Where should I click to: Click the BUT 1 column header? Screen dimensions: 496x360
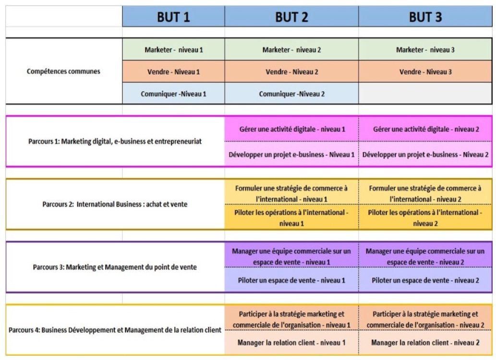(173, 16)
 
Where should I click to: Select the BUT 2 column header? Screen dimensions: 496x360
(291, 16)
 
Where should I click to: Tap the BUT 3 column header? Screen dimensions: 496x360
(425, 16)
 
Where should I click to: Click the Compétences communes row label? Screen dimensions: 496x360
(63, 71)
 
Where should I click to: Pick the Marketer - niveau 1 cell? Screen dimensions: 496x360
(173, 49)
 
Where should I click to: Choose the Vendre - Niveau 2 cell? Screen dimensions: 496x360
(291, 72)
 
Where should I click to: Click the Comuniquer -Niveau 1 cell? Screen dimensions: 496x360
(173, 94)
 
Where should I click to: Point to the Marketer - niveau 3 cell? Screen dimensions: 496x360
(425, 49)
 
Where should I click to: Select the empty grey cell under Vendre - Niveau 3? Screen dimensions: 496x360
(425, 93)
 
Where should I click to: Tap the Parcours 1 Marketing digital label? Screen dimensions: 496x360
(115, 142)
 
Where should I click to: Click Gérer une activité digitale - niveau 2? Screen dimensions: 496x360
(425, 129)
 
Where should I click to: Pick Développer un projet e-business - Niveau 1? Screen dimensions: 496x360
(291, 154)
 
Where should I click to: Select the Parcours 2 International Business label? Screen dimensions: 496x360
(115, 204)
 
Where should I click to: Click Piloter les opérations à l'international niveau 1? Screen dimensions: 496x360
(291, 217)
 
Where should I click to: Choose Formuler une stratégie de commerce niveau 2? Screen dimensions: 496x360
(425, 193)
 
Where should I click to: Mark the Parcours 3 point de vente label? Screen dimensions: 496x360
(115, 267)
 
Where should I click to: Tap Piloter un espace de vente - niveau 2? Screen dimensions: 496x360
(425, 280)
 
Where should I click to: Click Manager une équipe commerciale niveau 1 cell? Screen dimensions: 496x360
(291, 256)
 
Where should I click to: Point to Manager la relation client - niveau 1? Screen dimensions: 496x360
(291, 343)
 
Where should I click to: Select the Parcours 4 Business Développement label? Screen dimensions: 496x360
(115, 330)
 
